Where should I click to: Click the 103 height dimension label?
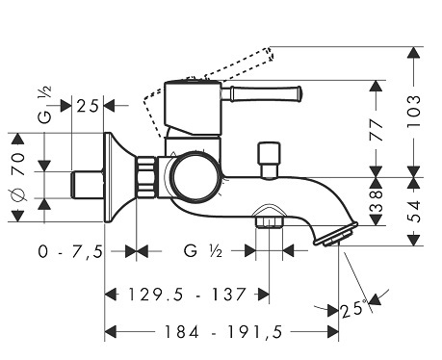413,112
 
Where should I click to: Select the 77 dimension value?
377,130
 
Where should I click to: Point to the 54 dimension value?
413,211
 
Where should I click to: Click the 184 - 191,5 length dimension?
223,332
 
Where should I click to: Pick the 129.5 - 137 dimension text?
187,295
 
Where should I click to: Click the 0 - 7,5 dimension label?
70,251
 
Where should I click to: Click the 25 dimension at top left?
88,106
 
